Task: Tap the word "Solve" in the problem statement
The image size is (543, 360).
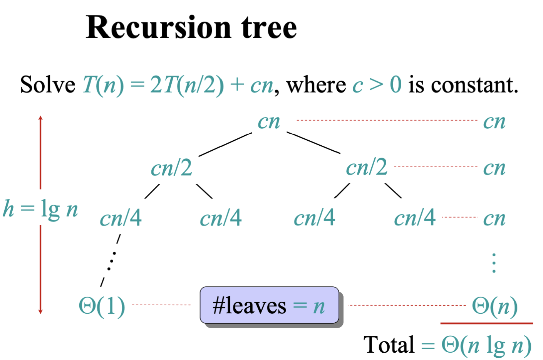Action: coord(48,84)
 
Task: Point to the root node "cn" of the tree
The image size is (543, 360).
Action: coord(269,122)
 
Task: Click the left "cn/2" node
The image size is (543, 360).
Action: coord(171,168)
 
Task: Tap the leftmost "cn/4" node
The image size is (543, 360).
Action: coord(121,218)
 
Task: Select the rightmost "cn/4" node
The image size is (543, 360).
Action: coord(414,218)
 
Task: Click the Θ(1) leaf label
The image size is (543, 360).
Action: coord(102,306)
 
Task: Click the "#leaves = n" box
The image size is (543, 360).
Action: coord(269,306)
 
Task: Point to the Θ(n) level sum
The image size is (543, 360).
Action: coord(494,306)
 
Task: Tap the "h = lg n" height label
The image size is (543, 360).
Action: coord(40,209)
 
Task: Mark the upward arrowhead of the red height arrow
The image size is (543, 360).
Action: coord(40,118)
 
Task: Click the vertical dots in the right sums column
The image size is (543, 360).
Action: coord(494,263)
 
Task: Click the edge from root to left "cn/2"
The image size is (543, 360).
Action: coord(225,145)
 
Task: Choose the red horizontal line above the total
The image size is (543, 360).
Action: coord(486,323)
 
